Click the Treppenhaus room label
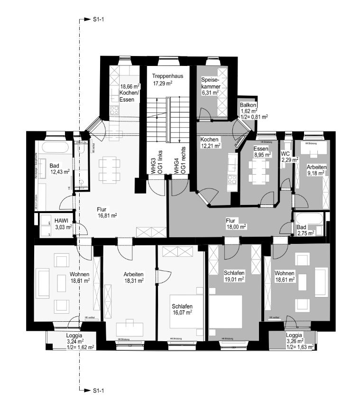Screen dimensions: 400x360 click(167, 76)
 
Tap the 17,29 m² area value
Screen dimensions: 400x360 click(162, 84)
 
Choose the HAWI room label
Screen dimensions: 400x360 click(62, 220)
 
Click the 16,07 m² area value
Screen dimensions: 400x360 click(182, 313)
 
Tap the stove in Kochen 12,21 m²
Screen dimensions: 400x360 click(232, 180)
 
